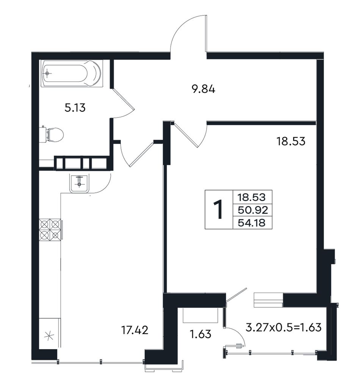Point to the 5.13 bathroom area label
tap(75, 108)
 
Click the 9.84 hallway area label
tap(203, 89)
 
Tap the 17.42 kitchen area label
tap(135, 330)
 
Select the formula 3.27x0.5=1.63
tap(283, 327)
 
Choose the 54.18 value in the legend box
tap(252, 223)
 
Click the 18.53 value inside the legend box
tap(252, 197)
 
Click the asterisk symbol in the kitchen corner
tap(49, 336)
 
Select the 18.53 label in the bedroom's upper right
tap(291, 141)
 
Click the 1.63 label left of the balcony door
tap(201, 334)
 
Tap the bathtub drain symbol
tap(47, 73)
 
